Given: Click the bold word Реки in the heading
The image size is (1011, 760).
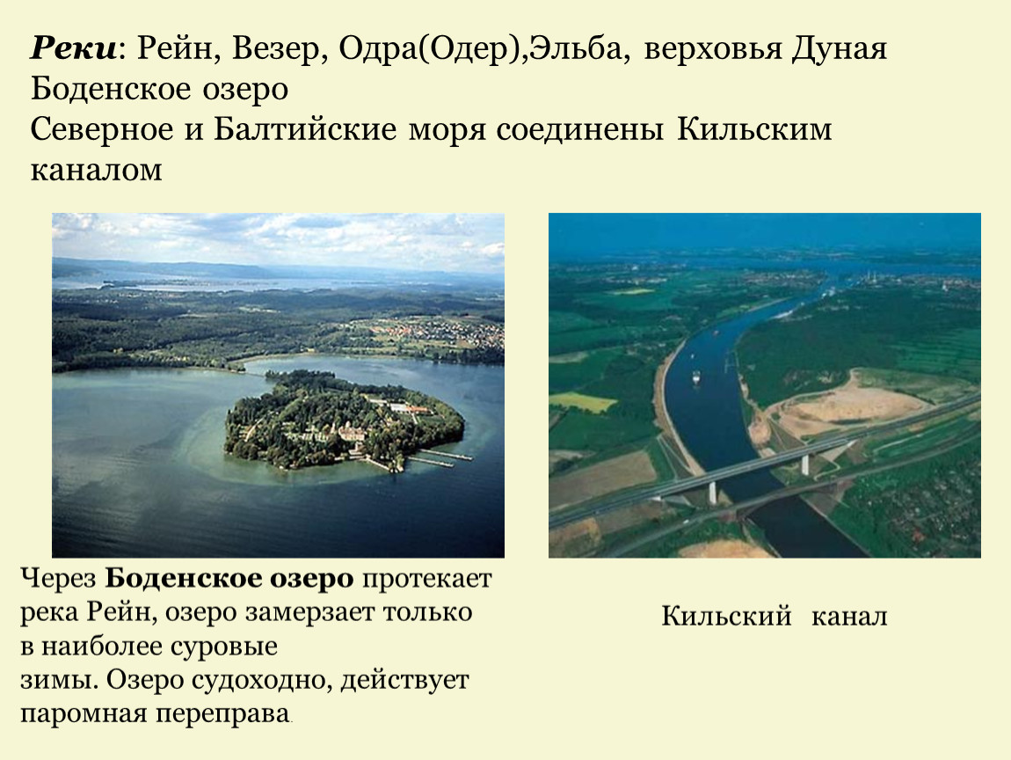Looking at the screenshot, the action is tap(73, 48).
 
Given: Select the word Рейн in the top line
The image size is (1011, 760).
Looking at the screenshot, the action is tap(173, 48).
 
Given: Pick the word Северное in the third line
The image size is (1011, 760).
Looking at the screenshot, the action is tap(102, 129).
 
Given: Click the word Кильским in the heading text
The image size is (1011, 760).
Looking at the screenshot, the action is tap(754, 129).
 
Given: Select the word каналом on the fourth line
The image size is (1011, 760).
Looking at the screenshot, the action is tap(96, 170).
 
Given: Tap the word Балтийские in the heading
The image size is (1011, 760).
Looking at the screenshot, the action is tap(305, 129).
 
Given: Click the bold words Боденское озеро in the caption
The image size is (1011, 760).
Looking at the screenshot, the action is tap(229, 579).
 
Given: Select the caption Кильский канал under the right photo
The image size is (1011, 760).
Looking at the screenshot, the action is tap(775, 616).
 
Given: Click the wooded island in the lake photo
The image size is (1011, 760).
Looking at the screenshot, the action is tap(345, 419).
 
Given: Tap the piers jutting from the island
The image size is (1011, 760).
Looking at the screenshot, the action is tap(441, 458).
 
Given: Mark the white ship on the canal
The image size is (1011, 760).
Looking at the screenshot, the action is tap(696, 377).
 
